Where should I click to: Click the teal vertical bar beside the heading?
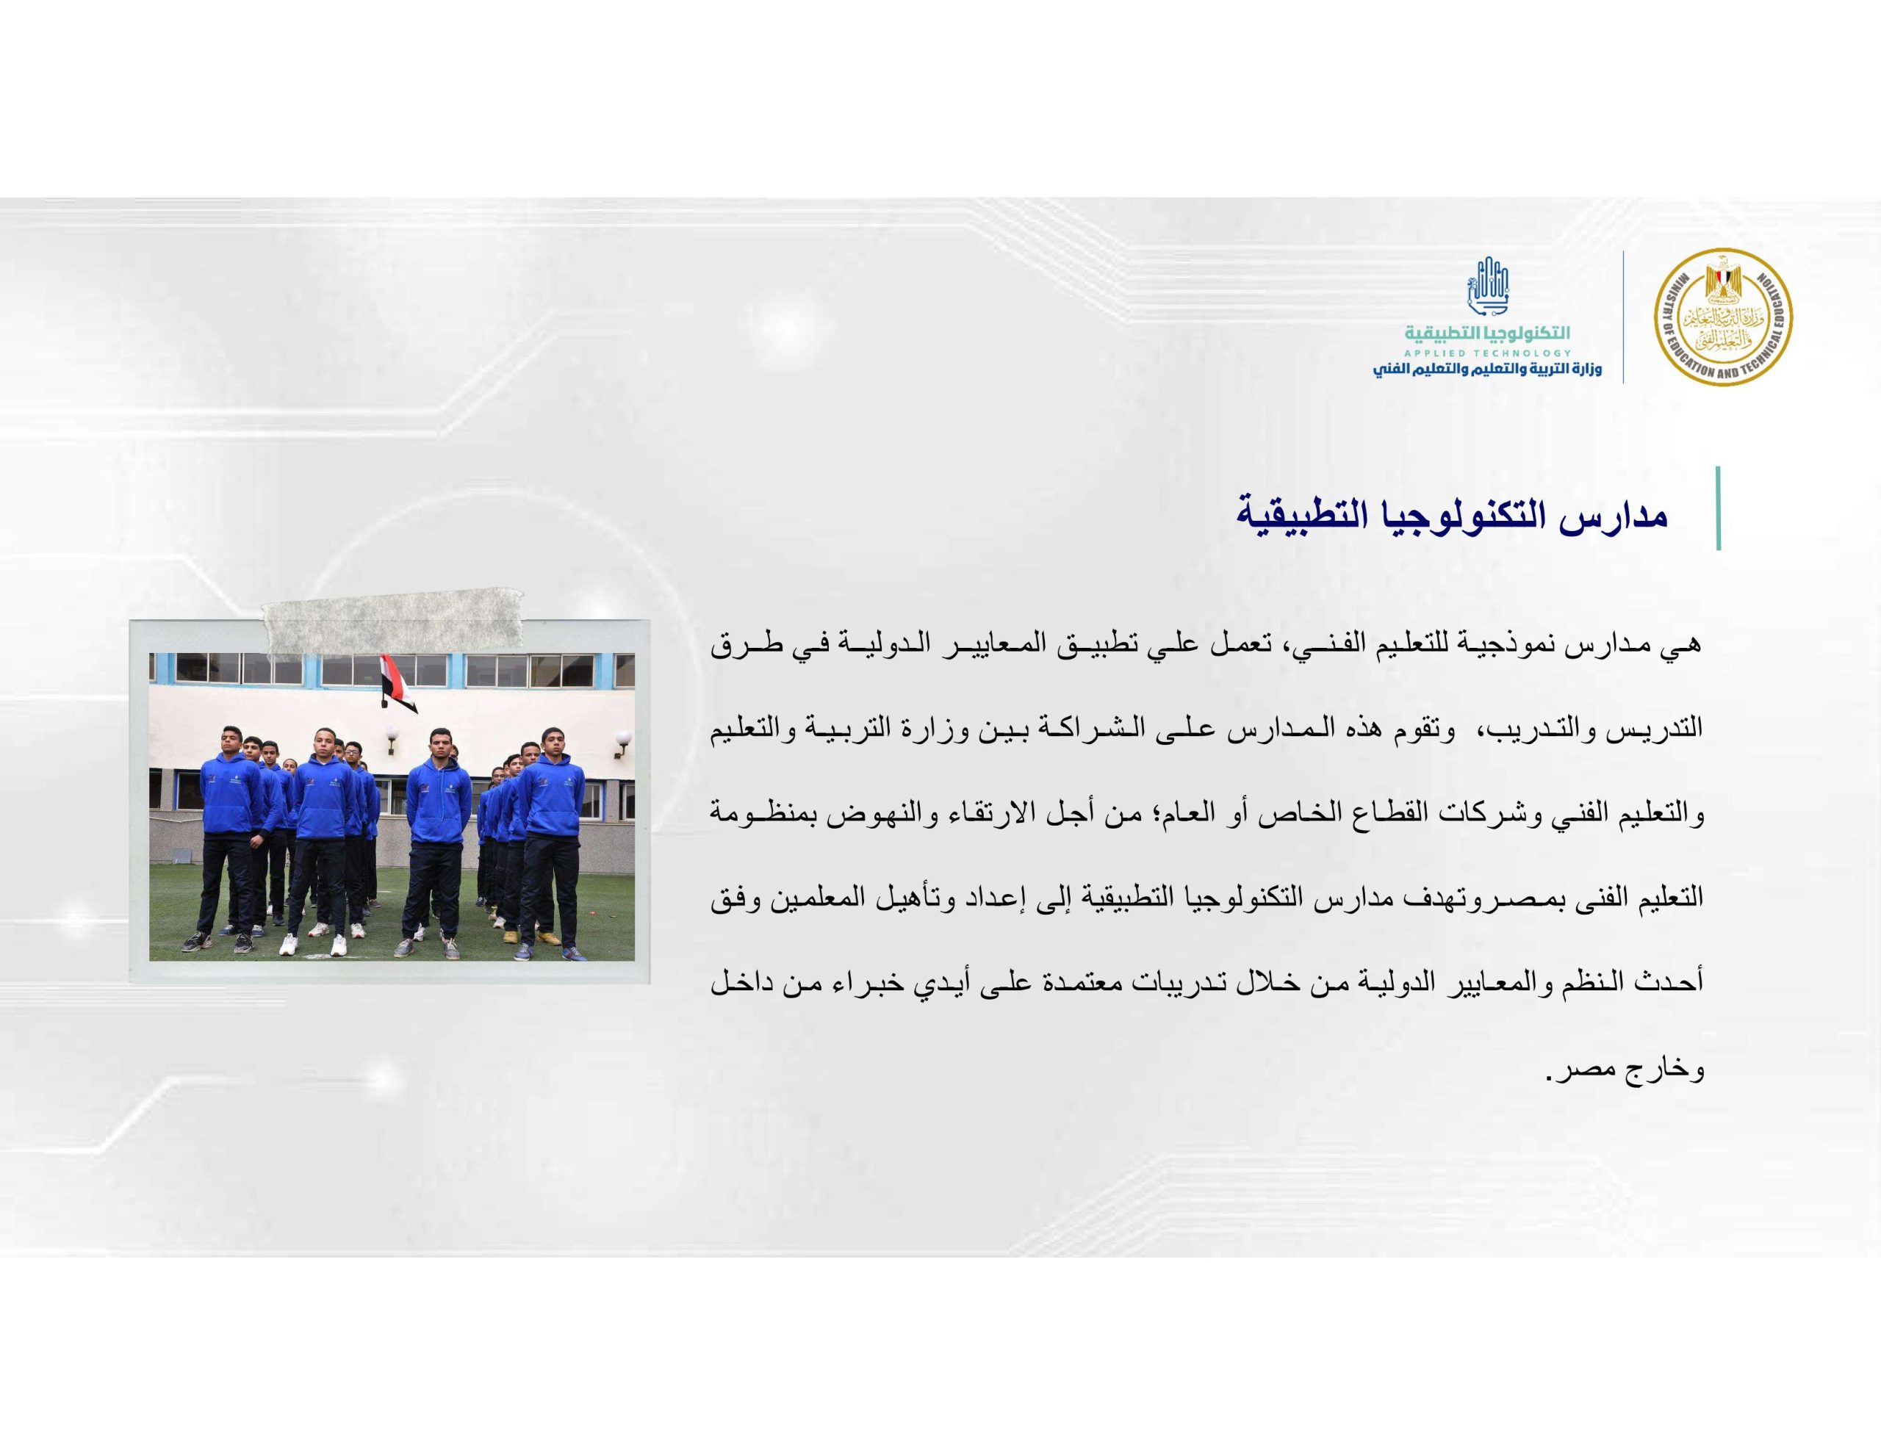tap(1718, 508)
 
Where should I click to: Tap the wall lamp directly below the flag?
tap(392, 740)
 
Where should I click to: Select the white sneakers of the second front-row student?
tap(314, 945)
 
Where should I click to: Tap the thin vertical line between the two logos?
tap(1624, 317)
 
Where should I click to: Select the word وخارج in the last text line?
tap(1671, 1072)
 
